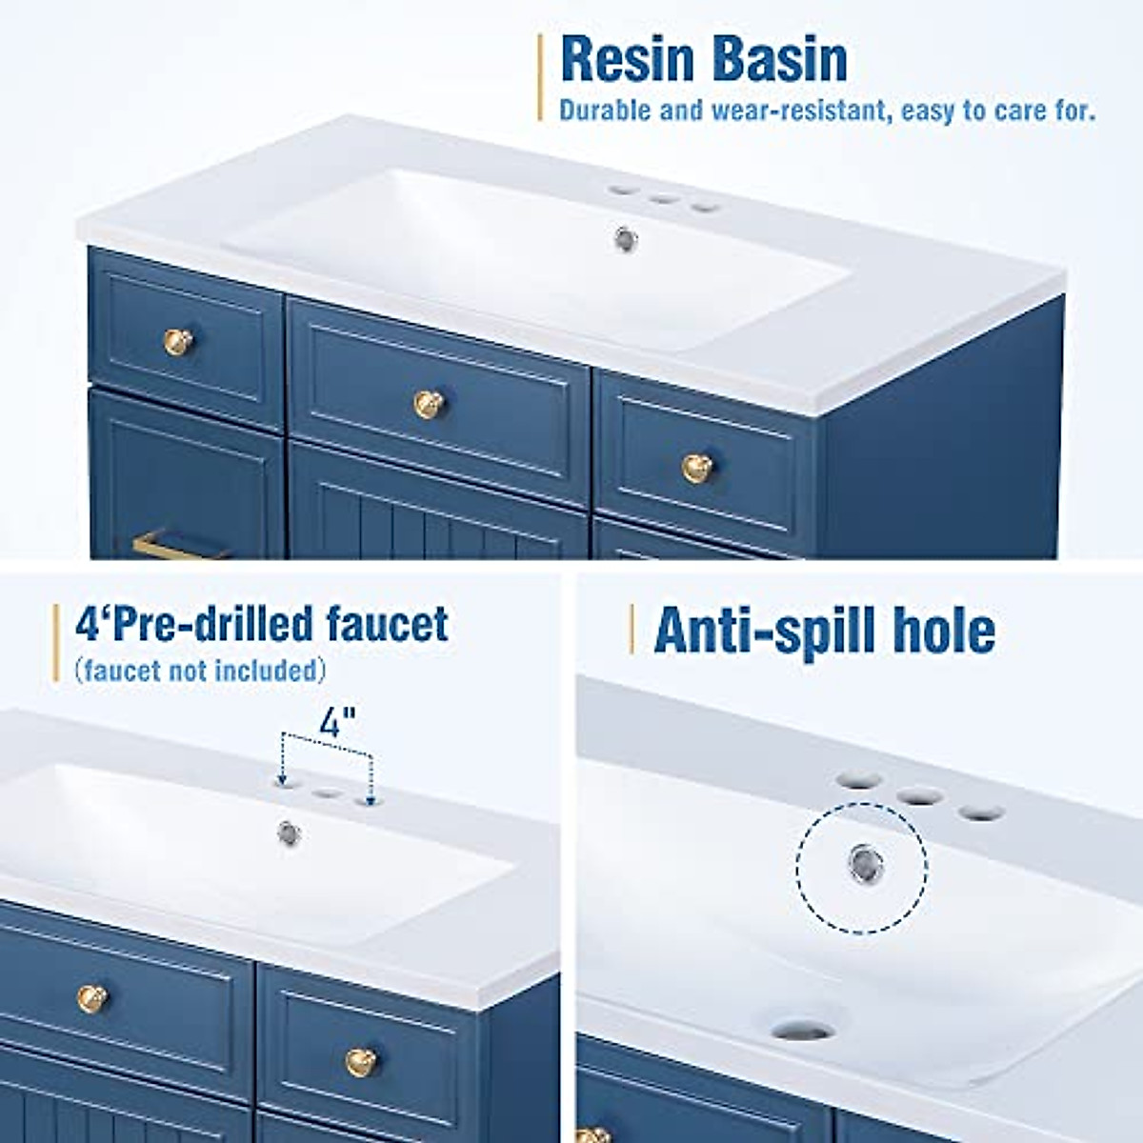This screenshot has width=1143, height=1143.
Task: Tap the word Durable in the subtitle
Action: tap(606, 110)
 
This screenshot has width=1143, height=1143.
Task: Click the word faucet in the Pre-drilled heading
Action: tap(388, 624)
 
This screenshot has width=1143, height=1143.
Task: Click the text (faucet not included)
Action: tap(200, 671)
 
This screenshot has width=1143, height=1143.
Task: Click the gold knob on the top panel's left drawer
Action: tap(178, 340)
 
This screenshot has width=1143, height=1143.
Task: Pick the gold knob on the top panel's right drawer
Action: tap(696, 468)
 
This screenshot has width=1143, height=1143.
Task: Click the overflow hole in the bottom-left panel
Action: tap(289, 832)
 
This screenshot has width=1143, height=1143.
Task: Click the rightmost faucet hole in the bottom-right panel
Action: tap(981, 812)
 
